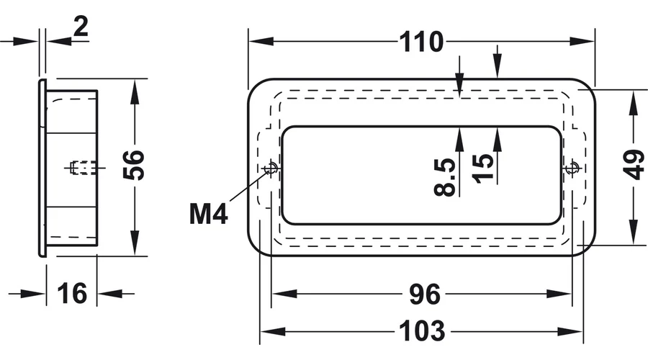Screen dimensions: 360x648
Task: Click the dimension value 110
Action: pos(422,42)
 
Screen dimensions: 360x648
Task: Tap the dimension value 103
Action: pos(422,332)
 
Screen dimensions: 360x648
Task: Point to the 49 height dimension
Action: pos(634,166)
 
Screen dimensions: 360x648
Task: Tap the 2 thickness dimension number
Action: pos(81,27)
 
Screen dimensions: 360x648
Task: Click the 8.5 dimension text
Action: pos(446,177)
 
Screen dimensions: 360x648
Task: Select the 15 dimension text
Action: pos(485,168)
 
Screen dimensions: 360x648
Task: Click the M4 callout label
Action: pos(209,214)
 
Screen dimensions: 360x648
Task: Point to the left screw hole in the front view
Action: pos(271,168)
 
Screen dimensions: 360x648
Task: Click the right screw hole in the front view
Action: pos(572,168)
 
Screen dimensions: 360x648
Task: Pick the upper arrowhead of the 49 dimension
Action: pos(634,98)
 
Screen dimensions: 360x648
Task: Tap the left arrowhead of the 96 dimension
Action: pos(275,294)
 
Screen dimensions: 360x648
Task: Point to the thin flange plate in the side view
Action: pos(42,166)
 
